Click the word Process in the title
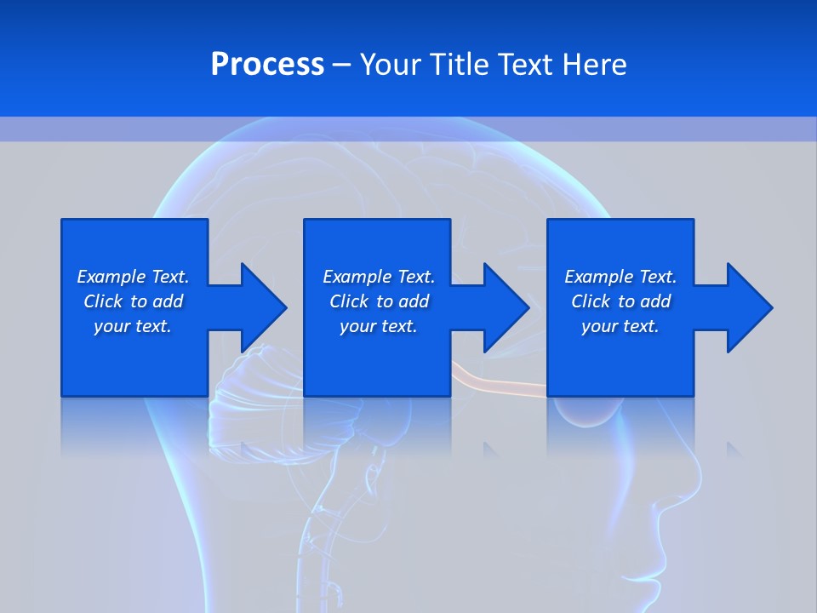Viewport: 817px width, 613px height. (x=267, y=65)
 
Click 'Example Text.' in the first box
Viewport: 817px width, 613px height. (x=133, y=277)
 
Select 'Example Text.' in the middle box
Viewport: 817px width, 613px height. (x=379, y=277)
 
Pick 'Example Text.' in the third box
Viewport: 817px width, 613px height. (x=620, y=277)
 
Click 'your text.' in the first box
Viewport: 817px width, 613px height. (x=133, y=326)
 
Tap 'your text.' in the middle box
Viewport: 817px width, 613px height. (x=379, y=326)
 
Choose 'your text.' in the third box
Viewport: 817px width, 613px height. (x=620, y=326)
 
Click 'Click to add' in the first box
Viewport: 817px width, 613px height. (x=133, y=301)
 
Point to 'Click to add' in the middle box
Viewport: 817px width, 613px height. (x=379, y=301)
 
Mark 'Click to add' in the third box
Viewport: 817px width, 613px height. (x=620, y=301)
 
